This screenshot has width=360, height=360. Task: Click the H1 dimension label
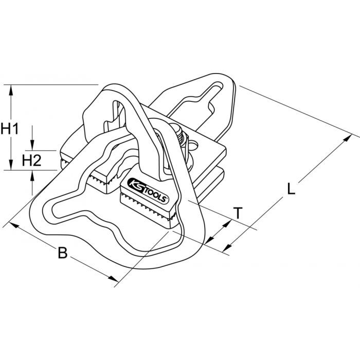(x=10, y=129)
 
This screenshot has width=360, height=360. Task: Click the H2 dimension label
(x=32, y=160)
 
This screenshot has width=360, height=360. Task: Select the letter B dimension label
(x=62, y=253)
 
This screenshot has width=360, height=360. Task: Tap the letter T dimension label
(x=238, y=213)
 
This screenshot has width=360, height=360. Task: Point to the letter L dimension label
(x=292, y=189)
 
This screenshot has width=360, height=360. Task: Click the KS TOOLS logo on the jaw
(x=148, y=190)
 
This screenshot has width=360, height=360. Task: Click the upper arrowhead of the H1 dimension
(x=11, y=90)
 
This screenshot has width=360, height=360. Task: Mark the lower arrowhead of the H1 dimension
(x=11, y=165)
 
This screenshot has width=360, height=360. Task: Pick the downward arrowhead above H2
(x=32, y=145)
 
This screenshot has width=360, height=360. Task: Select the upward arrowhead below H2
(x=32, y=176)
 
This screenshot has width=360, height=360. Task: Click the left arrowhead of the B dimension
(x=14, y=225)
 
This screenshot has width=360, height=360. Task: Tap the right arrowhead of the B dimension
(x=114, y=279)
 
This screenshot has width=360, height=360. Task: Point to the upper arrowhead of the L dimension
(x=347, y=138)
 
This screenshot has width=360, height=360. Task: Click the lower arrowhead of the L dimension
(x=227, y=247)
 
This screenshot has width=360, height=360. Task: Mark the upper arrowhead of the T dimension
(x=227, y=224)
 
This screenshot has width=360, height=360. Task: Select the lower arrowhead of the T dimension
(x=209, y=240)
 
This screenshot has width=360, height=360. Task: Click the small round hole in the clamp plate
(x=193, y=146)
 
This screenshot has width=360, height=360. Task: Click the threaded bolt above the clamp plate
(x=180, y=135)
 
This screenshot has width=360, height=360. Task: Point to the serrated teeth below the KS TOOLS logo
(x=147, y=206)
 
